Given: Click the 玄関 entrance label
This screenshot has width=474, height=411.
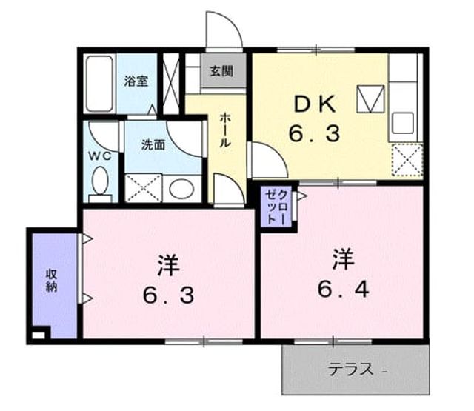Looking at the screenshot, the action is [222, 71].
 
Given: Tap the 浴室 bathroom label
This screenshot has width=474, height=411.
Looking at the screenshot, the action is [136, 81].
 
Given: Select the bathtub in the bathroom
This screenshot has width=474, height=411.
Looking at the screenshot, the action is [99, 84].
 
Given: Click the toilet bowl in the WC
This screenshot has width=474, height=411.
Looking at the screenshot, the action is [100, 181].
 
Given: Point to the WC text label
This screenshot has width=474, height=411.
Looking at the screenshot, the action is [100, 156].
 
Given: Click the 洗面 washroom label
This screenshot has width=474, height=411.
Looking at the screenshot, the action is [153, 145].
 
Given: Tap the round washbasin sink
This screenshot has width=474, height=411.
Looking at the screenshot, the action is [181, 189].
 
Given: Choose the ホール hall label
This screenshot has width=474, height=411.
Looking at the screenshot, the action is [224, 130].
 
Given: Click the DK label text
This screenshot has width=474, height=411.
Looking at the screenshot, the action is [315, 104].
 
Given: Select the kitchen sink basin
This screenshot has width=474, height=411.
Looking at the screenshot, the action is [402, 123].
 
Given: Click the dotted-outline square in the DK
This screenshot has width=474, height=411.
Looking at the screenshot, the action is [407, 160].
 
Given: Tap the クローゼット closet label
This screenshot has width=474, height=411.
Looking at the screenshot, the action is [276, 207].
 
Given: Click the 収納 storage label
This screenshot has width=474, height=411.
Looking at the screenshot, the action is [52, 281].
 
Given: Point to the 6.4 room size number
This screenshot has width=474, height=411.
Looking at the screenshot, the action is [343, 290].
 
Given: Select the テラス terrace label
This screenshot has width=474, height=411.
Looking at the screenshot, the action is [351, 370].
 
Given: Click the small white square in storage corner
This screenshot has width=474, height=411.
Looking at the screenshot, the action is [38, 335].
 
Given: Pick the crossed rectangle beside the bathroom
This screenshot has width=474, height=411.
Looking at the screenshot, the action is [171, 84].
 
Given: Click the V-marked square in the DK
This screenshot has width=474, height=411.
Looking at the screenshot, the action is [370, 98].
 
